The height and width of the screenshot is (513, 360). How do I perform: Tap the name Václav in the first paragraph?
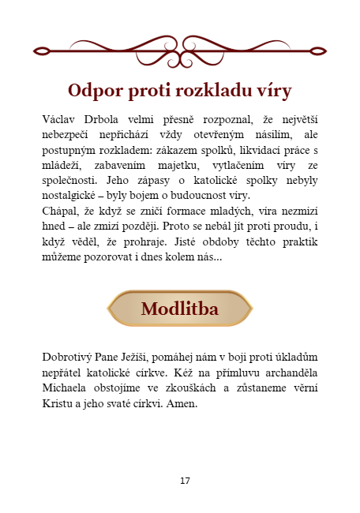tap(60, 118)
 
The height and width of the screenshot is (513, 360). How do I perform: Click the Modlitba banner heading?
tap(179, 309)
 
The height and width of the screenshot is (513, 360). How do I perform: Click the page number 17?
tap(185, 480)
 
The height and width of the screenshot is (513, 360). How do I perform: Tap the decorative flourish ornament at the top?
tap(180, 51)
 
